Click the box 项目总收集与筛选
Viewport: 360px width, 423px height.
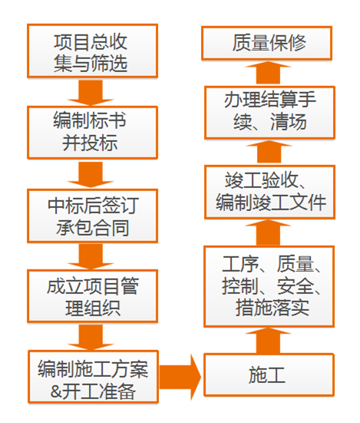(x=92, y=51)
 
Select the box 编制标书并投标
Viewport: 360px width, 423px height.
(x=92, y=132)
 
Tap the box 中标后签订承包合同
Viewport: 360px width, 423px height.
(x=92, y=216)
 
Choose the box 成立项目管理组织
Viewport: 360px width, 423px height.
(x=92, y=296)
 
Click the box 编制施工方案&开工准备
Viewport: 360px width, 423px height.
(x=93, y=377)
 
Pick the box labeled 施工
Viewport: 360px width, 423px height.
(x=269, y=375)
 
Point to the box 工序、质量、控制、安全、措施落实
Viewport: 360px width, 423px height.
(x=269, y=286)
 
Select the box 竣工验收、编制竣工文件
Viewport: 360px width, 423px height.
(x=269, y=192)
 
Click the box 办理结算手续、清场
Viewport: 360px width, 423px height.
(x=269, y=113)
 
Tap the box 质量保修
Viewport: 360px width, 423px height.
(x=266, y=43)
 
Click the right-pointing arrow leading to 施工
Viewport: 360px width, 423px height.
(x=180, y=377)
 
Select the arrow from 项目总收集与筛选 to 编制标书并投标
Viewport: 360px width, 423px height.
(x=91, y=93)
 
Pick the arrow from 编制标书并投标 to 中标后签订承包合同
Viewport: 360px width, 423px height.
(x=91, y=174)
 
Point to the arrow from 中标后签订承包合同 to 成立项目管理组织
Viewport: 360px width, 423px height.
(x=91, y=256)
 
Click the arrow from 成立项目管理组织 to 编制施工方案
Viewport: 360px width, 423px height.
(x=91, y=337)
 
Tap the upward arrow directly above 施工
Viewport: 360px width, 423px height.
(x=269, y=340)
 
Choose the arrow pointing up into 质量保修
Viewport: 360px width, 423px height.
(x=269, y=73)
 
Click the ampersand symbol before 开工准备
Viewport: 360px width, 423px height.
(x=57, y=392)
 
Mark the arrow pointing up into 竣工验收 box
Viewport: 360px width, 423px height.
(x=269, y=232)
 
